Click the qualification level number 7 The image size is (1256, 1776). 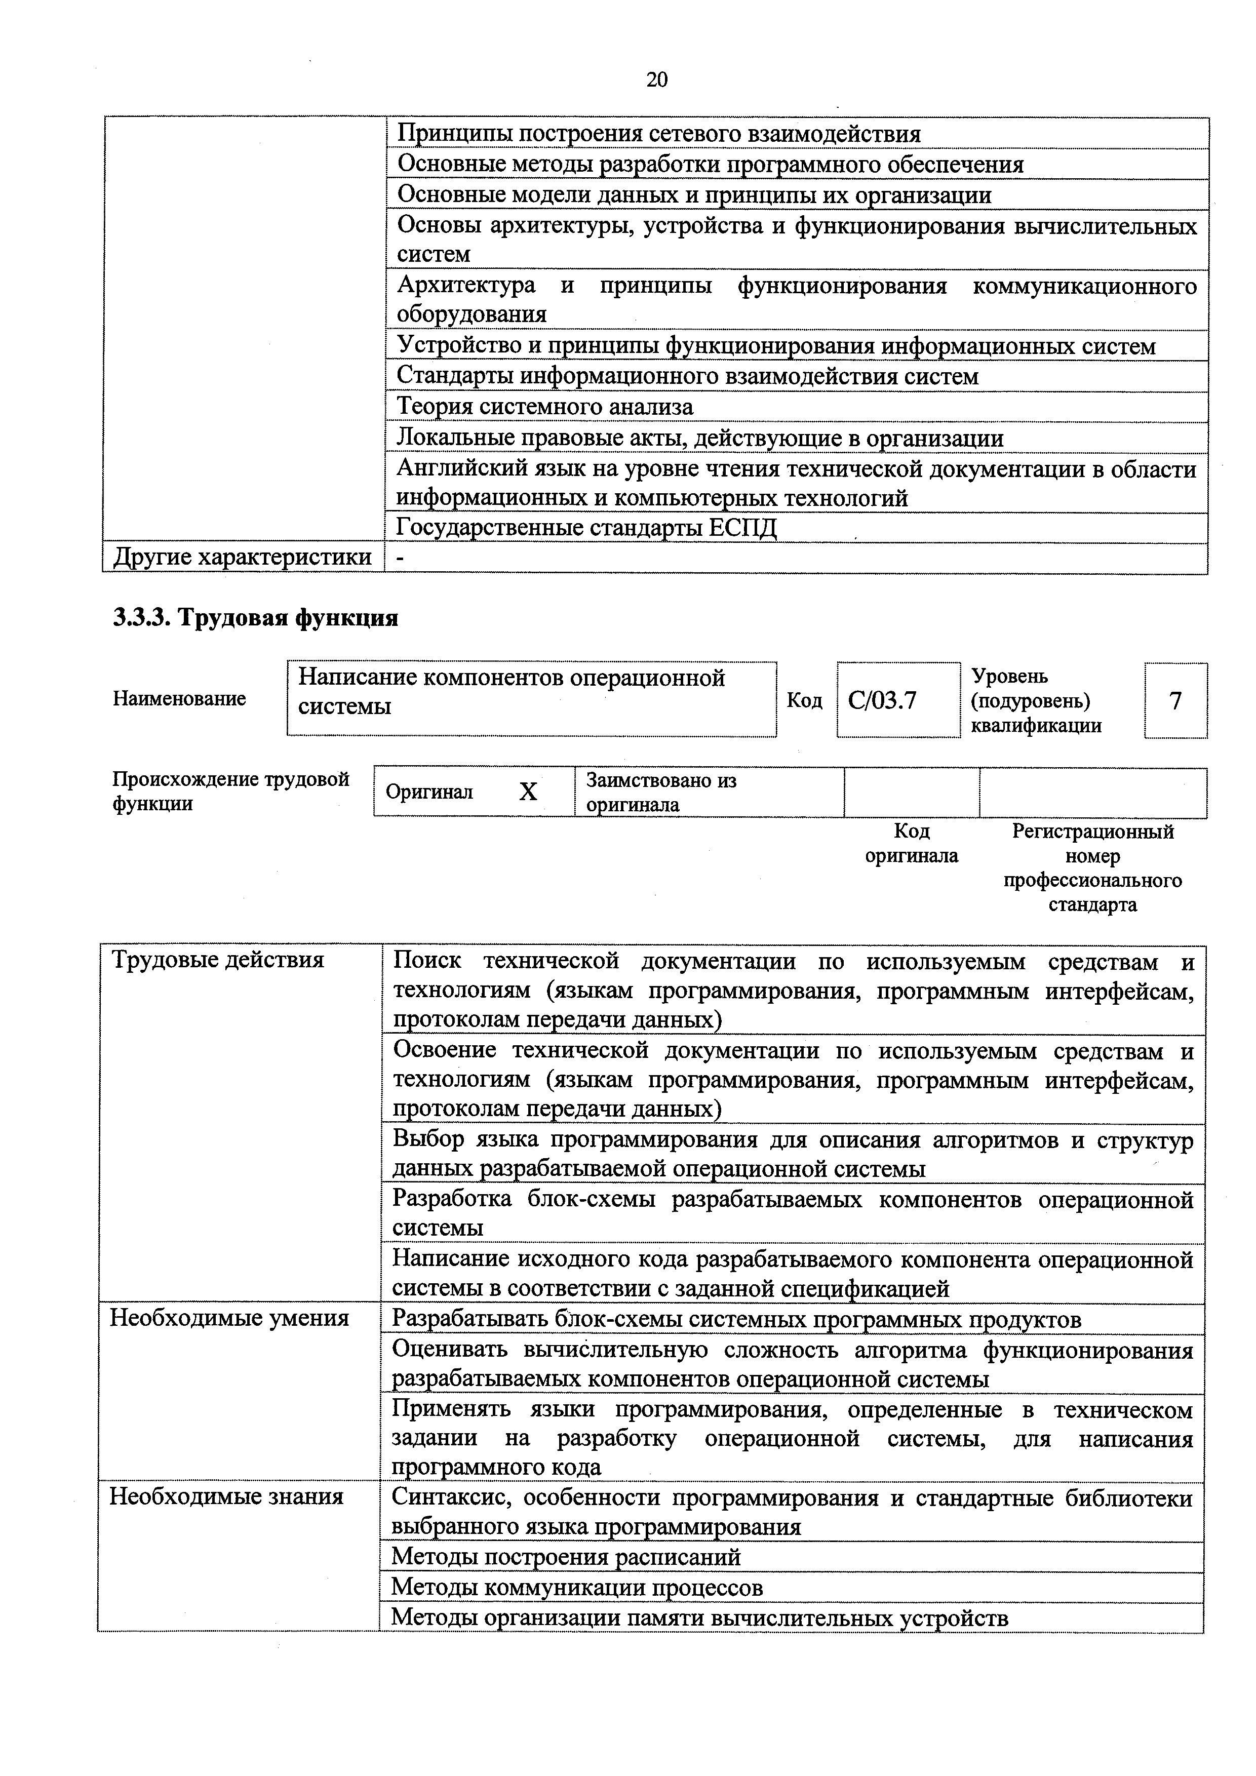click(x=1175, y=701)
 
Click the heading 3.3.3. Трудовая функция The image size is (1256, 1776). click(x=256, y=618)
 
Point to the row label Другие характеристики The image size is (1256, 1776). click(x=242, y=557)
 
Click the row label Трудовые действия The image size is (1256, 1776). click(x=218, y=960)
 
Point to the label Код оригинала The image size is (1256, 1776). click(x=911, y=843)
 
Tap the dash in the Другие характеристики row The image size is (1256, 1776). click(x=399, y=558)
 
